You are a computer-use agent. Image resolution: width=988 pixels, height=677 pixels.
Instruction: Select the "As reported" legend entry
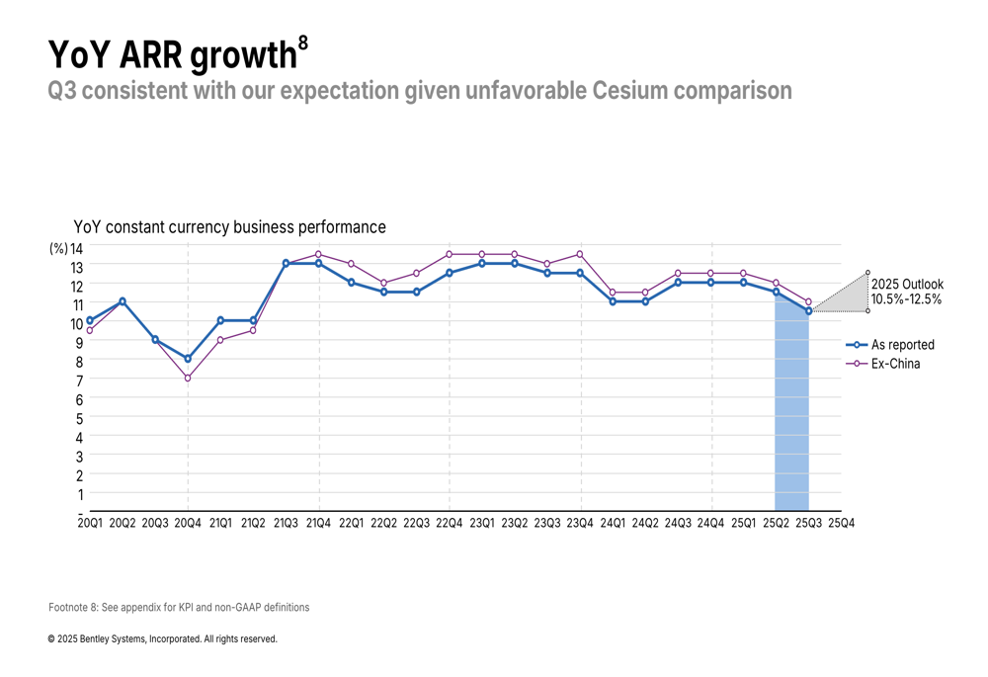[x=902, y=345]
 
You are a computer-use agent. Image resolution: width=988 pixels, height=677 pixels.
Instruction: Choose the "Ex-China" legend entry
[x=895, y=364]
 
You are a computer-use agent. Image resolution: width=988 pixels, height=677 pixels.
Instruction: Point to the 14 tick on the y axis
[x=76, y=247]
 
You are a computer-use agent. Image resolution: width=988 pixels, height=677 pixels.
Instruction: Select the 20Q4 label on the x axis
[x=188, y=522]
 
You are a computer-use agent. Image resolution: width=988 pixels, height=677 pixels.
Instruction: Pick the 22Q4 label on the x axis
[x=450, y=522]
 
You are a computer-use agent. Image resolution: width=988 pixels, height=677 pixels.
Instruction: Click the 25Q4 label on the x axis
[x=841, y=522]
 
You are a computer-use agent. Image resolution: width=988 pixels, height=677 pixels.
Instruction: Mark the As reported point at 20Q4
[x=188, y=359]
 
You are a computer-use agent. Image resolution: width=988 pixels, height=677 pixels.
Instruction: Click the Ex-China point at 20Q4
[x=188, y=378]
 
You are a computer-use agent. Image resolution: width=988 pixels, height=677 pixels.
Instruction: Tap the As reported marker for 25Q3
[x=809, y=311]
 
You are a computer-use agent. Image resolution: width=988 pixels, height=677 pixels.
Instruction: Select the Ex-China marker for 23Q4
[x=580, y=254]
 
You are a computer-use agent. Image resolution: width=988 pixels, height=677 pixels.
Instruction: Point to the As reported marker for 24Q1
[x=613, y=301]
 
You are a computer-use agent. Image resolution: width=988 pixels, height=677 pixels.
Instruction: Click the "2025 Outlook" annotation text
[x=907, y=285]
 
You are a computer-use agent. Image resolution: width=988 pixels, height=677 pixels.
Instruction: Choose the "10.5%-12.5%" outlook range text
[x=906, y=298]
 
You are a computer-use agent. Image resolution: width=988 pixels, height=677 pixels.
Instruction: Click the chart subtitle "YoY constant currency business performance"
[x=229, y=227]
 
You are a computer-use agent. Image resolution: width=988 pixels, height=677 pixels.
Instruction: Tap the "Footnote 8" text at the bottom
[x=179, y=607]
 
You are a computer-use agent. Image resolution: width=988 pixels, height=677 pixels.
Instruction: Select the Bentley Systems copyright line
[x=163, y=639]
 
